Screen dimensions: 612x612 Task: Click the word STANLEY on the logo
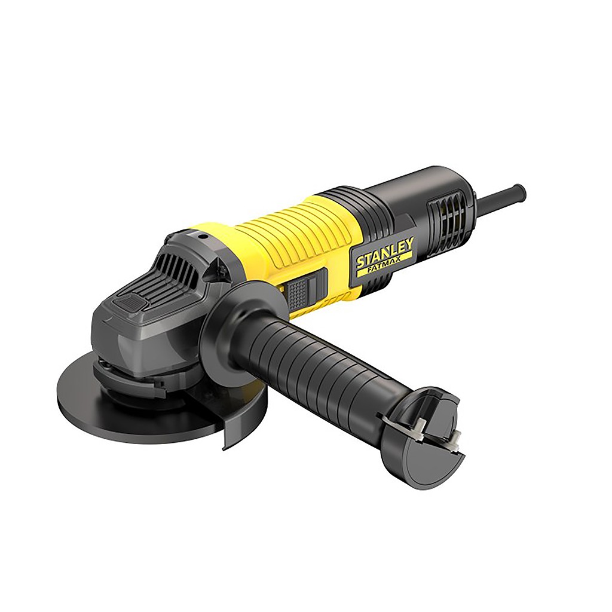coord(385,253)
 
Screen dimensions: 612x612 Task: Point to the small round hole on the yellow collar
coord(202,237)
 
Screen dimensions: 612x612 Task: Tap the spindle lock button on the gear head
coord(133,305)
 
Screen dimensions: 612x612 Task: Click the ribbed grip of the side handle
coord(311,365)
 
